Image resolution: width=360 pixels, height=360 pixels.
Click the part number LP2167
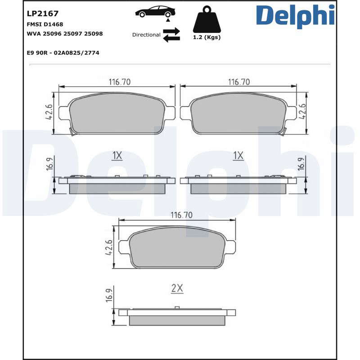click(x=43, y=14)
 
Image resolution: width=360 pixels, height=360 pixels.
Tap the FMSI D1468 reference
click(x=45, y=24)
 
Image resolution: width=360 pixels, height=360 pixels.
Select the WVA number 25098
click(x=94, y=34)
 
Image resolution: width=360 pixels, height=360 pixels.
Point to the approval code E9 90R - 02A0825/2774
click(x=63, y=53)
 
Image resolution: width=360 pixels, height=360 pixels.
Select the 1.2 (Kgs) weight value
click(x=207, y=37)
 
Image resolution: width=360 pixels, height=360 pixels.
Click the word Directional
click(x=146, y=35)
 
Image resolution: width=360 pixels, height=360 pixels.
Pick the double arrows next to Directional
click(x=171, y=35)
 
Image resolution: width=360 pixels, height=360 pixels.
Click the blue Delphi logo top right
click(x=295, y=16)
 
